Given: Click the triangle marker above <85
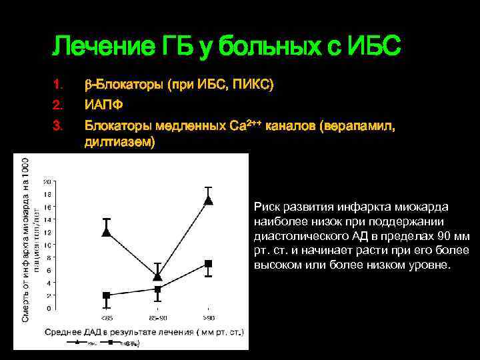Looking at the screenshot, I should (x=106, y=232).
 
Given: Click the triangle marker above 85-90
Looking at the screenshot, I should (x=157, y=275).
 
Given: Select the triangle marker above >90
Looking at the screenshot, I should (x=209, y=199).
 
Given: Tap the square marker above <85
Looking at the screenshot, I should (x=106, y=295).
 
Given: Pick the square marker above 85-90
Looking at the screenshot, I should (x=158, y=289).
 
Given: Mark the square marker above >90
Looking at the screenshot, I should (x=209, y=264).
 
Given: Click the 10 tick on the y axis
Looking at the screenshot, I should (x=47, y=245).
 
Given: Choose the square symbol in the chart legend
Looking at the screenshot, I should (x=117, y=342).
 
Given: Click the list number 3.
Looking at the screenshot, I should (x=57, y=125).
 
